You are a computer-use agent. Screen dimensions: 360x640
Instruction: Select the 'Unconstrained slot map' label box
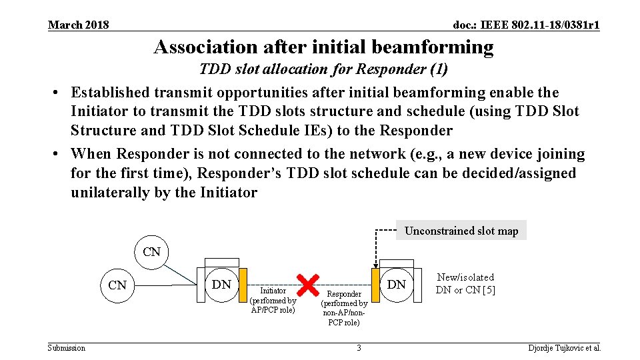tap(461, 231)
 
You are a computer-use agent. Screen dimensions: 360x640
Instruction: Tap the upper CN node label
tap(152, 251)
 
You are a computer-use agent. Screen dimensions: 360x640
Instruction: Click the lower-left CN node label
tap(117, 285)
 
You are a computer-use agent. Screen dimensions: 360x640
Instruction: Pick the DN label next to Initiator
tap(221, 285)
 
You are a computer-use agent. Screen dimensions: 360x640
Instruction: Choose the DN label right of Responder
tap(397, 285)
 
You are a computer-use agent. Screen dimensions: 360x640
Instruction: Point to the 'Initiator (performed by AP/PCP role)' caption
tap(273, 300)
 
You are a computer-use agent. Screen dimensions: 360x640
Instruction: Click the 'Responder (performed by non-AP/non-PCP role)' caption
tap(345, 308)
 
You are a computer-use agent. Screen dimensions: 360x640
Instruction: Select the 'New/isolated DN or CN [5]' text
tap(465, 283)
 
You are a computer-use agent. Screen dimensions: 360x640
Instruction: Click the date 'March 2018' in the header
tap(79, 25)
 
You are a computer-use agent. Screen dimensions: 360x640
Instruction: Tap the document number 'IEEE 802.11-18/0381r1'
tap(526, 25)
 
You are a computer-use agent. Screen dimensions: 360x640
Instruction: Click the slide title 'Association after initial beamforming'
tap(323, 47)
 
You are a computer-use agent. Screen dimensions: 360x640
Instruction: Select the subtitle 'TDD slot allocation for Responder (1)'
tap(323, 69)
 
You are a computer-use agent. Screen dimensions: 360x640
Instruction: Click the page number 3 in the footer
tap(359, 348)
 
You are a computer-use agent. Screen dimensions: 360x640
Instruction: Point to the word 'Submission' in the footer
tap(67, 348)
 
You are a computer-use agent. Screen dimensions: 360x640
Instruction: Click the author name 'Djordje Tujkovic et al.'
tap(565, 348)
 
